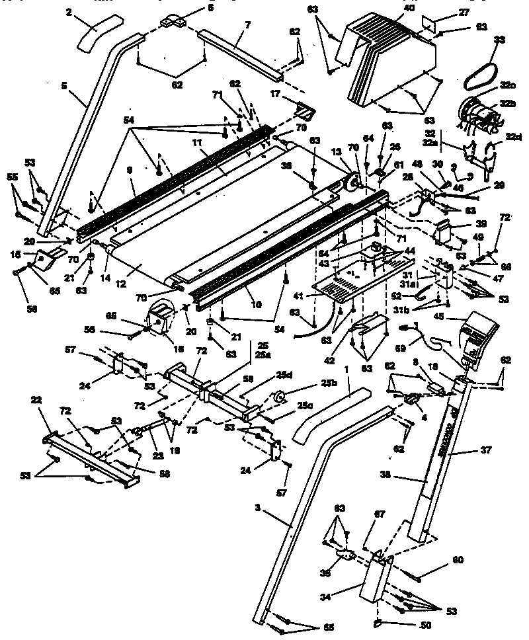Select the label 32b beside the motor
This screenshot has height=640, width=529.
[507, 104]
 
